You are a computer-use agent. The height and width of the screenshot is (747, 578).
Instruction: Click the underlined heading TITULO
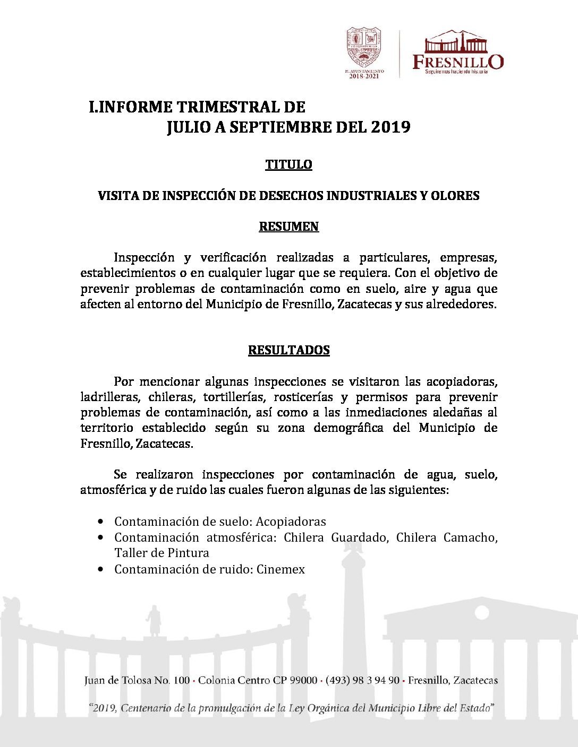[288, 164]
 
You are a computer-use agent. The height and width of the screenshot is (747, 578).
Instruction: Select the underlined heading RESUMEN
[288, 227]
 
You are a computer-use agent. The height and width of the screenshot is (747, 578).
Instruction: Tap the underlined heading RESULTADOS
[288, 350]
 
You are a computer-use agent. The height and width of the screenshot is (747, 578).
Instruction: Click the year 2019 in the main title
[390, 127]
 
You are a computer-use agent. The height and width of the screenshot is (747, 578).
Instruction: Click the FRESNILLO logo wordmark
[458, 62]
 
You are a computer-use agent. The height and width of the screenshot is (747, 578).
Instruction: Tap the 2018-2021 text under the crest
[364, 76]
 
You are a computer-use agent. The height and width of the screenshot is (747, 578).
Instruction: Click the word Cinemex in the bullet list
[280, 569]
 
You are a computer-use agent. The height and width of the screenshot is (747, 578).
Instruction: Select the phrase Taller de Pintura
[161, 553]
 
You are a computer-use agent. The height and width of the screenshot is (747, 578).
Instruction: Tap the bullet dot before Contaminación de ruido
[101, 569]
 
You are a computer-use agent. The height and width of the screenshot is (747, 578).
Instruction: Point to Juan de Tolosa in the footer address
[117, 680]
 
